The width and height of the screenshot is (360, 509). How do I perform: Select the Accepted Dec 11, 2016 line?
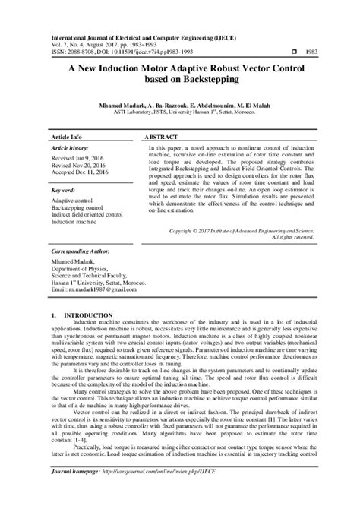pos(81,172)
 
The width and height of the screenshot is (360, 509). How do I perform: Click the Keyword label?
pos(63,191)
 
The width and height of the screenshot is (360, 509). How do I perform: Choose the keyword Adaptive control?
pos(74,201)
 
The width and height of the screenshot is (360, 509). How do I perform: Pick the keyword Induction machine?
pos(74,223)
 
